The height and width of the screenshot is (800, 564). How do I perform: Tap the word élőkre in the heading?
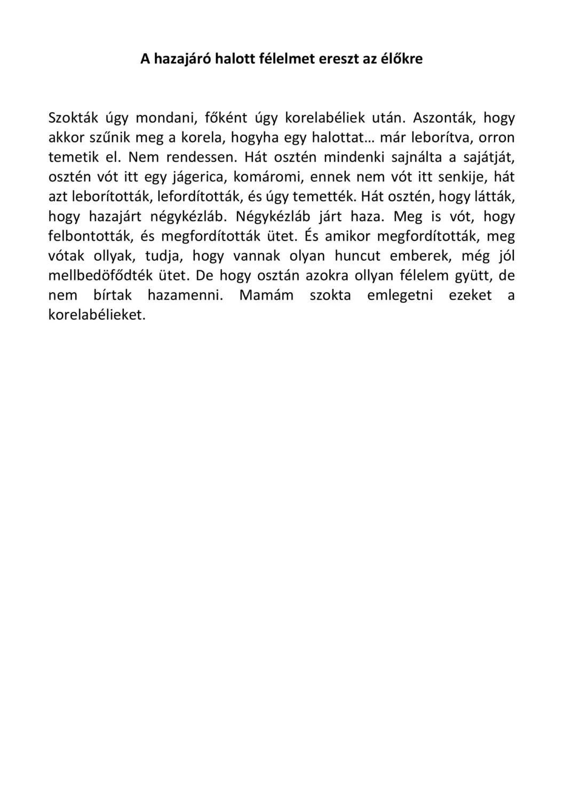401,59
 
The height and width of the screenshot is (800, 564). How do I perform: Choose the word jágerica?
198,177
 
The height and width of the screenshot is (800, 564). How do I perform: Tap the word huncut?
358,256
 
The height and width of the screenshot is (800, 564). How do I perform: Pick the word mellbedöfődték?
101,276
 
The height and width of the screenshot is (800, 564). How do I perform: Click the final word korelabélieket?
97,315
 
